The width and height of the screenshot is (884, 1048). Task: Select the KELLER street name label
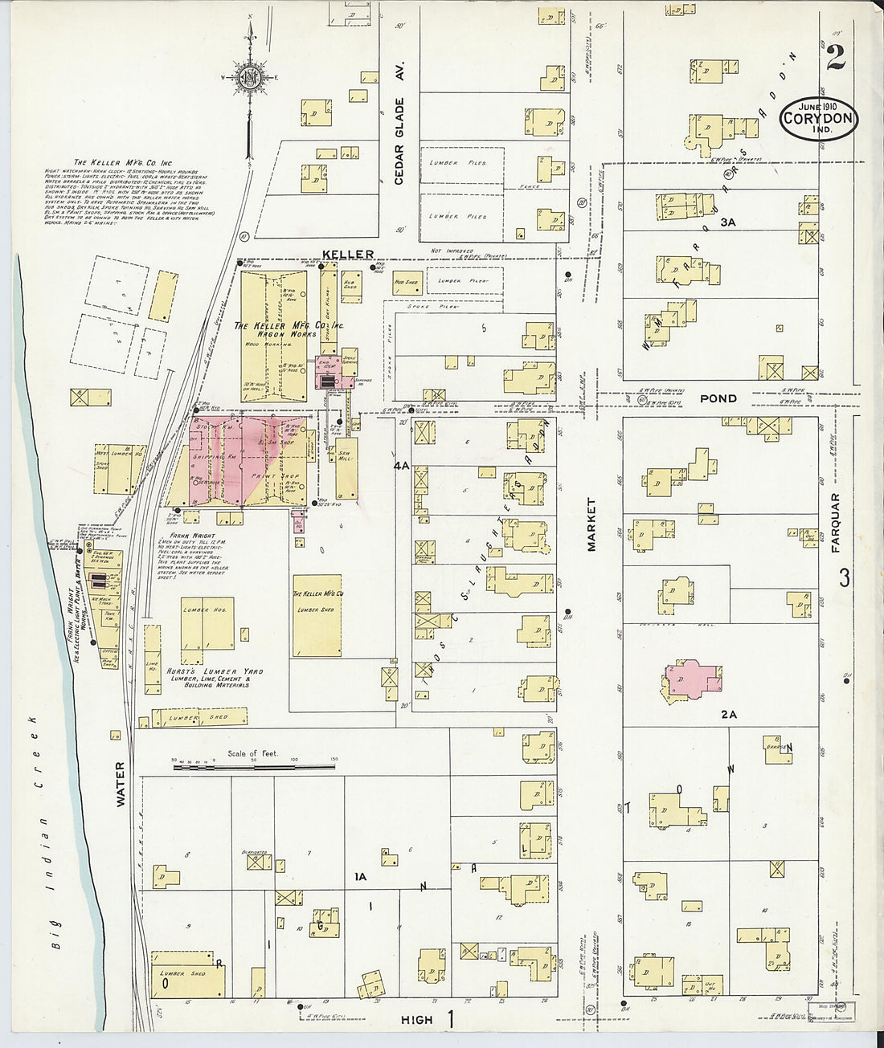[x=348, y=255]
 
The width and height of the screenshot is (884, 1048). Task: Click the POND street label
[x=712, y=398]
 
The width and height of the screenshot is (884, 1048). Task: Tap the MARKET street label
[x=593, y=524]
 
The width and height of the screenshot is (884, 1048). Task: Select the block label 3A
[x=728, y=221]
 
